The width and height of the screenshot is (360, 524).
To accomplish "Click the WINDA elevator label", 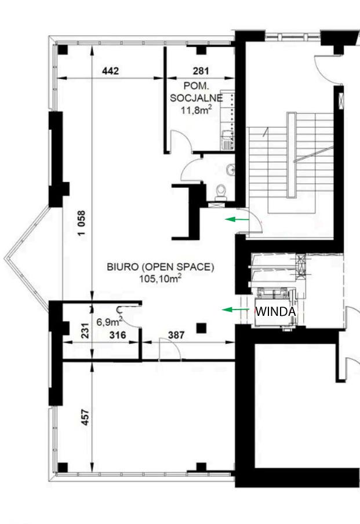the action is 276,311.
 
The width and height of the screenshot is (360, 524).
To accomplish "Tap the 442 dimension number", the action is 110,71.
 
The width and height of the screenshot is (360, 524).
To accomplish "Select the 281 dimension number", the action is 201,71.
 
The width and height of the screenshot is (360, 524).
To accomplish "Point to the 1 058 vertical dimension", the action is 82,223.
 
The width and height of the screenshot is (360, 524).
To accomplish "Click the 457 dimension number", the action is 86,417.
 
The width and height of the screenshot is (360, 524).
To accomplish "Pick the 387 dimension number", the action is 176,335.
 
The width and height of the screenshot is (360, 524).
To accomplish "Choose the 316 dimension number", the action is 118,335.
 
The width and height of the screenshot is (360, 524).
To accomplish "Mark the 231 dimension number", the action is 86,330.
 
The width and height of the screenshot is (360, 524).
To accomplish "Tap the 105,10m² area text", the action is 161,278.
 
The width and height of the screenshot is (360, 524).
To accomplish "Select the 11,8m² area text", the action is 196,110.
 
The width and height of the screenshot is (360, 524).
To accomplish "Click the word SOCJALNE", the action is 196,98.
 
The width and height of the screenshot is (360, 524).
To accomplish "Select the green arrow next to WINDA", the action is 235,310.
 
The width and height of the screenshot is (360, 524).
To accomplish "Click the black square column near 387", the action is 201,328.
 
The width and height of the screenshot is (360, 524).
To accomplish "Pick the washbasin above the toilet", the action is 230,170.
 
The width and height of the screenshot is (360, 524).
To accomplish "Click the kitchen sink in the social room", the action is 227,144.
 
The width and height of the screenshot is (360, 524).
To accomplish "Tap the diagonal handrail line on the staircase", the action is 313,154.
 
